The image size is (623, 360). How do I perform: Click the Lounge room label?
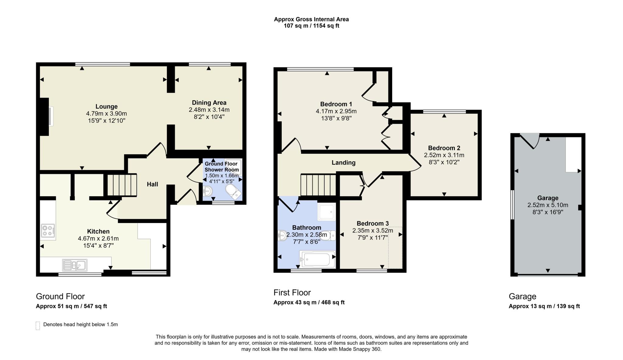(x=106, y=107)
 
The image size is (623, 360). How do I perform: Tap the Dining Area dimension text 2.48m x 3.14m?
(x=209, y=110)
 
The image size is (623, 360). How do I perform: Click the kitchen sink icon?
(x=75, y=265)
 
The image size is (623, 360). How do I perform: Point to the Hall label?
(x=152, y=184)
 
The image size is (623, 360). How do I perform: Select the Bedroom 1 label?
(x=336, y=104)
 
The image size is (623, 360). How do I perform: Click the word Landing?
(x=343, y=163)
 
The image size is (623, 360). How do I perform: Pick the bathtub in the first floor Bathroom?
(x=317, y=259)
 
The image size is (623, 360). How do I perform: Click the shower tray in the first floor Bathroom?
(x=326, y=211)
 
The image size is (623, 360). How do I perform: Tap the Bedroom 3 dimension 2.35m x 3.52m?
(x=372, y=231)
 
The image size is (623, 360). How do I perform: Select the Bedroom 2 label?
(x=444, y=148)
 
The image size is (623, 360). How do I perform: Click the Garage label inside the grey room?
(x=548, y=198)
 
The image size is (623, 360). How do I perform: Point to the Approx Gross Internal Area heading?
(x=311, y=19)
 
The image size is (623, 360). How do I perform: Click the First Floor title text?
(x=292, y=292)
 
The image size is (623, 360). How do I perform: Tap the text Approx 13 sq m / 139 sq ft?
(x=544, y=306)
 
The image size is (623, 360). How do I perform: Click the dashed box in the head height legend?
(x=38, y=326)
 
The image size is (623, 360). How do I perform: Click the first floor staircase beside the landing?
(x=318, y=185)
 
